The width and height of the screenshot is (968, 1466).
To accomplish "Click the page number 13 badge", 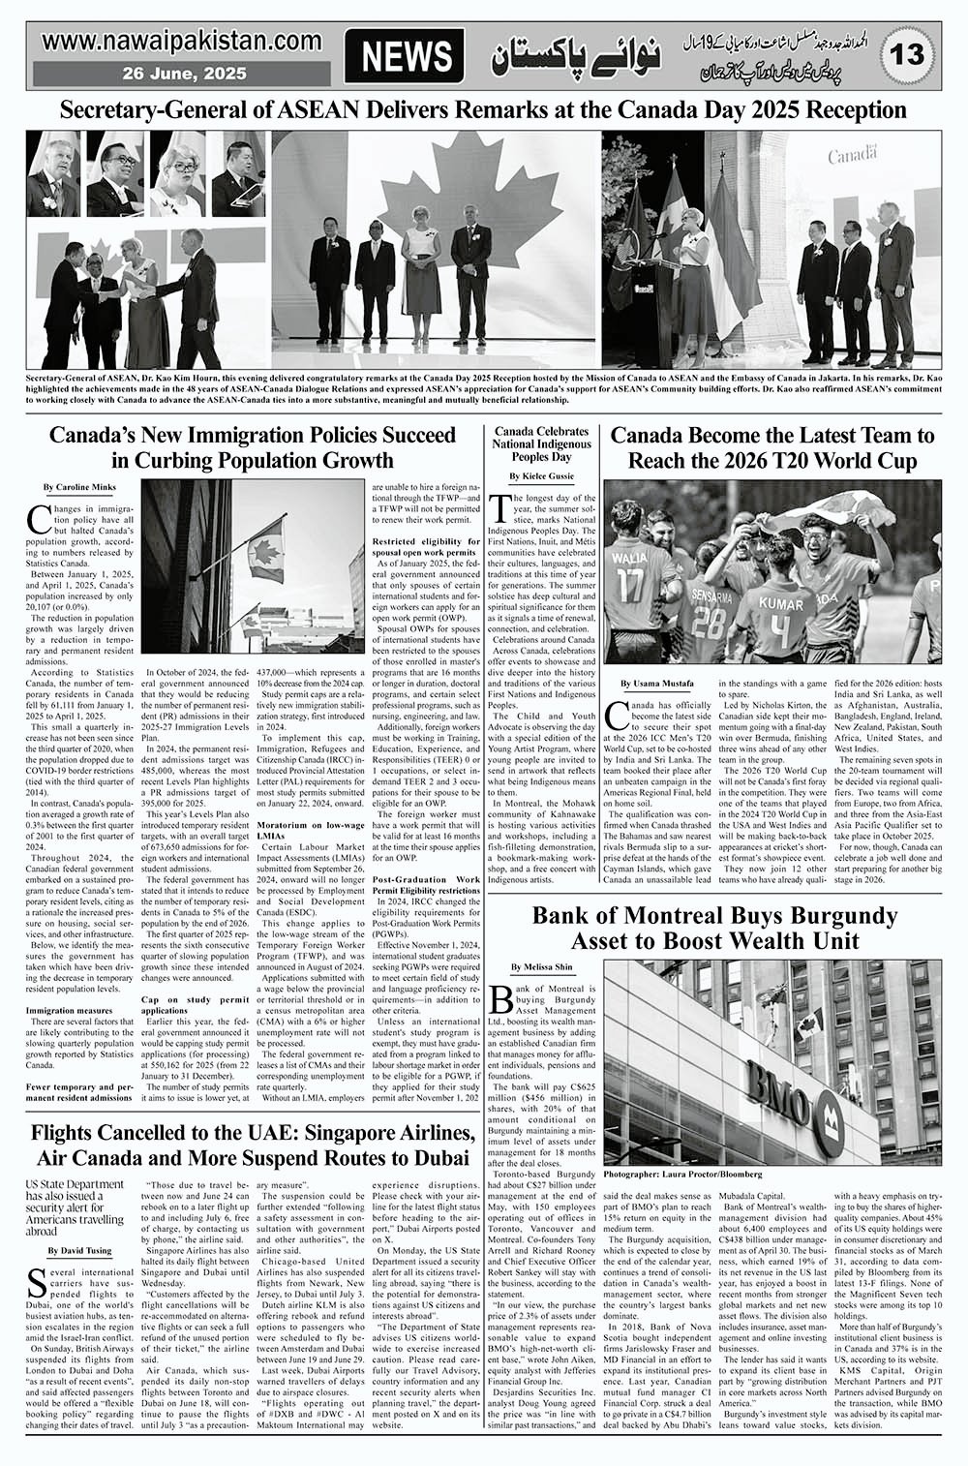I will click(910, 56).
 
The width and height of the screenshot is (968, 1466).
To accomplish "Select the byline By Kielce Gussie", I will click(541, 476).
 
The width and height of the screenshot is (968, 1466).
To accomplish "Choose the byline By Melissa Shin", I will click(543, 939).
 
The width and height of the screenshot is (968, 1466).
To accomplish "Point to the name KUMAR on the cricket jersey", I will click(780, 602).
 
